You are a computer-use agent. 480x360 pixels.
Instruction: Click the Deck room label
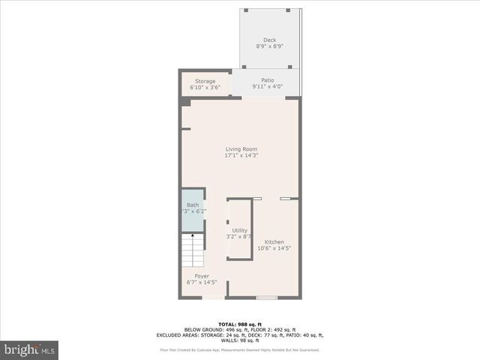[x=269, y=40]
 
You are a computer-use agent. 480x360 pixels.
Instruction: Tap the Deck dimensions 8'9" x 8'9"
[x=269, y=46]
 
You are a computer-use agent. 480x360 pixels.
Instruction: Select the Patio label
[x=268, y=80]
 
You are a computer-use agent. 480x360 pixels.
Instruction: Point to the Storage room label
[x=205, y=81]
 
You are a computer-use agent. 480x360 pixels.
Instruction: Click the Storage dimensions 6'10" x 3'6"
[x=205, y=88]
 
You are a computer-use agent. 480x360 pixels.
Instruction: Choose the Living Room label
[x=241, y=148]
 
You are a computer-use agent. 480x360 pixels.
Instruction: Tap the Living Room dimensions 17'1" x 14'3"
[x=241, y=155]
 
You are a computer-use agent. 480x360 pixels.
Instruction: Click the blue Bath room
[x=193, y=209]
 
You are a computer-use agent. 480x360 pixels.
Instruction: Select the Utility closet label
[x=240, y=230]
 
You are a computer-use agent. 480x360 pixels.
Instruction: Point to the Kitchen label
[x=274, y=241]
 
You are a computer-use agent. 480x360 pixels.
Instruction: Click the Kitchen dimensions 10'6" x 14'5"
[x=274, y=248]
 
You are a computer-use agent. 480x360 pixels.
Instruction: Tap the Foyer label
[x=202, y=276]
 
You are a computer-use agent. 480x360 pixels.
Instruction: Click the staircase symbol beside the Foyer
[x=192, y=250]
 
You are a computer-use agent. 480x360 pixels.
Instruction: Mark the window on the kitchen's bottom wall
[x=266, y=298]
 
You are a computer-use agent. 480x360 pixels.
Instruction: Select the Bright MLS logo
[x=30, y=349]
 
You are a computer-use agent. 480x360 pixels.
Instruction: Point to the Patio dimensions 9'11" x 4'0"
[x=268, y=87]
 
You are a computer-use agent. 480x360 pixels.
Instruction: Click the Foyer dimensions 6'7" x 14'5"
[x=202, y=283]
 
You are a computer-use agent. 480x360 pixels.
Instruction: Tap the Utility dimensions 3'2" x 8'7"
[x=240, y=237]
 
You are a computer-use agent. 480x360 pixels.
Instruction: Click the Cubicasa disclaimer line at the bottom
[x=239, y=349]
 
